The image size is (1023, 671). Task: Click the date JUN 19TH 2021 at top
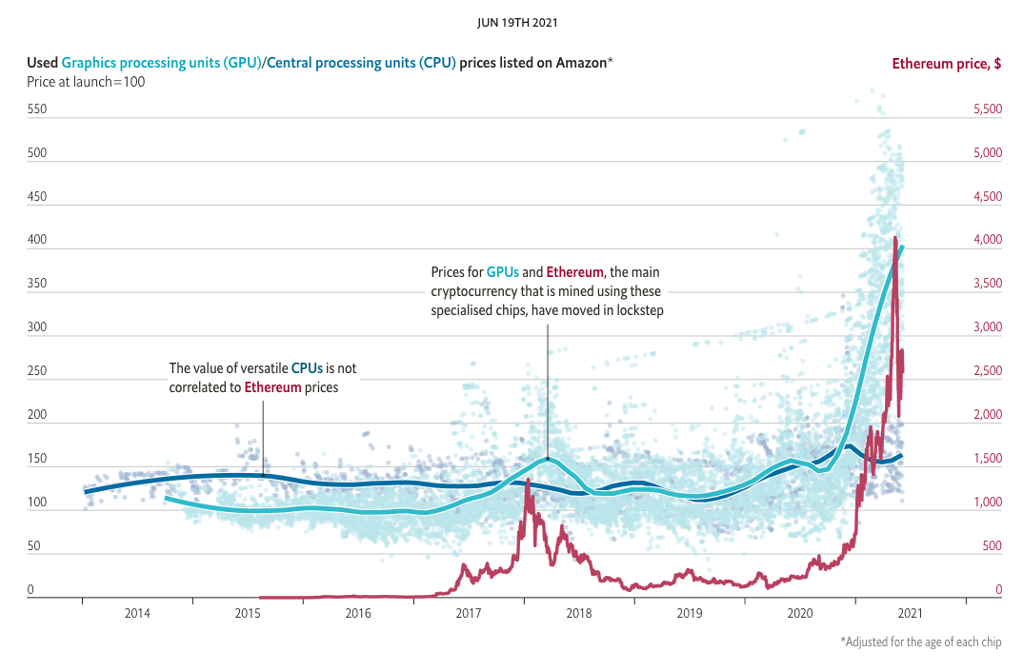pyautogui.click(x=511, y=20)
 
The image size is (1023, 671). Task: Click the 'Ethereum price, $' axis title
pyautogui.click(x=945, y=64)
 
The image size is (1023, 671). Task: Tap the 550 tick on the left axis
pyautogui.click(x=37, y=109)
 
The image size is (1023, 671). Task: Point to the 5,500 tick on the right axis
pyautogui.click(x=987, y=109)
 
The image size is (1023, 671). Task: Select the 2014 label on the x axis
pyautogui.click(x=137, y=614)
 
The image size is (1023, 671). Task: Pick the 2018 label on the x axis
pyautogui.click(x=579, y=614)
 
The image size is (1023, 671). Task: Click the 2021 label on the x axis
pyautogui.click(x=911, y=614)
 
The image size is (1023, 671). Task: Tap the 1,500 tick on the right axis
pyautogui.click(x=987, y=460)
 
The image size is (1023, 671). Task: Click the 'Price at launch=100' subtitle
pyautogui.click(x=86, y=82)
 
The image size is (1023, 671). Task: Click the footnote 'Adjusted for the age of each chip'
pyautogui.click(x=921, y=642)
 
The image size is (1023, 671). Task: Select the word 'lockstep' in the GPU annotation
pyautogui.click(x=638, y=311)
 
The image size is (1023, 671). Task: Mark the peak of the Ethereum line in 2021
pyautogui.click(x=895, y=238)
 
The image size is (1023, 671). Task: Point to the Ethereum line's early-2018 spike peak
pyautogui.click(x=528, y=481)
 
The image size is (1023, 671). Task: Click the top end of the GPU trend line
pyautogui.click(x=902, y=247)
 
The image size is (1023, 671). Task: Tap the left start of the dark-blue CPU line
pyautogui.click(x=85, y=492)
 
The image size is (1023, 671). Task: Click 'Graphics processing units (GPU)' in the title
pyautogui.click(x=161, y=64)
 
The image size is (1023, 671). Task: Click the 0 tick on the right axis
pyautogui.click(x=998, y=591)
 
